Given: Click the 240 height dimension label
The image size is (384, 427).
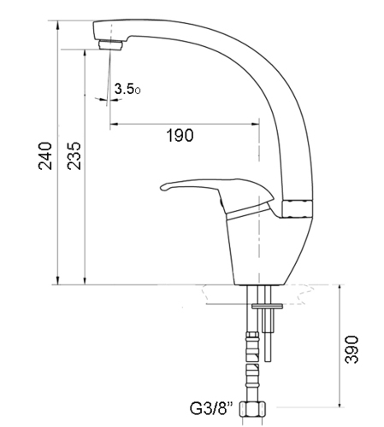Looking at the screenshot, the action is click(x=45, y=156).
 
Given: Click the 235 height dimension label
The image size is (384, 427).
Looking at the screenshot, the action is click(x=74, y=156).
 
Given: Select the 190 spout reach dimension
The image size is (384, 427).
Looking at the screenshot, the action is click(x=180, y=135).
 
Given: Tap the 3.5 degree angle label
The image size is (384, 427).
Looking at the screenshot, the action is click(x=127, y=89).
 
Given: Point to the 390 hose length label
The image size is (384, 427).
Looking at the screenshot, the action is click(x=352, y=349).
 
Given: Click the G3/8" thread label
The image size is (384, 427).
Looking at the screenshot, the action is click(x=211, y=408).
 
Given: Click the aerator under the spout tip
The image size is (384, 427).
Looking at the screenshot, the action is click(x=110, y=45).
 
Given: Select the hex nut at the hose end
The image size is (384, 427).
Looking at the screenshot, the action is click(x=252, y=409).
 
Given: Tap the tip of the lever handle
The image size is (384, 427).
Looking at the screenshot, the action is click(x=162, y=187).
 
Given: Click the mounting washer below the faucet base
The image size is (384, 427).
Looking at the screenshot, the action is click(x=267, y=306).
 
